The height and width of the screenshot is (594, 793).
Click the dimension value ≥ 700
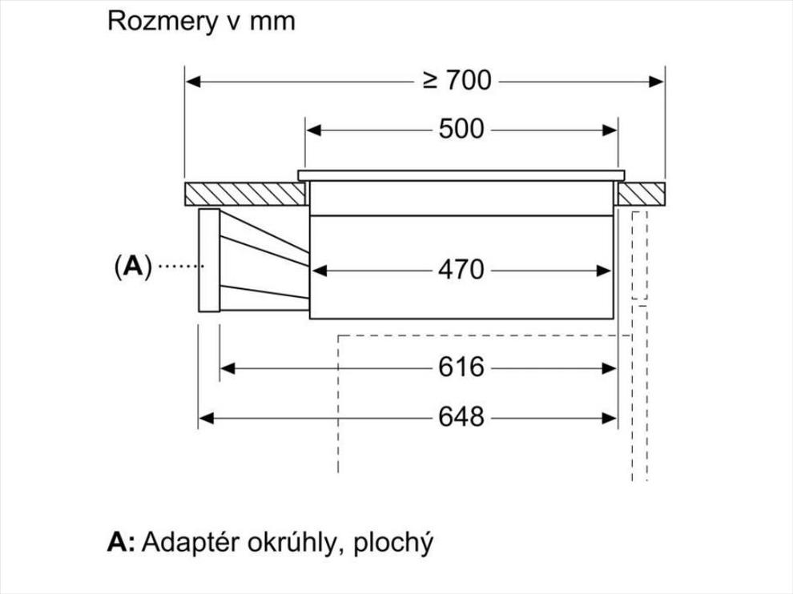tap(457, 81)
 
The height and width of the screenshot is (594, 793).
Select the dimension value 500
tap(461, 130)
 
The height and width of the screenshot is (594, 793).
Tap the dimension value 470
tap(461, 270)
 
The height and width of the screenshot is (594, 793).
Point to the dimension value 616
tap(461, 367)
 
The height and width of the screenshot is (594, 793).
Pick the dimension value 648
tap(461, 418)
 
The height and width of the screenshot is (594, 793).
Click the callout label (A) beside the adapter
tap(133, 266)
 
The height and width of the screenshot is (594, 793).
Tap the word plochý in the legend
tap(393, 543)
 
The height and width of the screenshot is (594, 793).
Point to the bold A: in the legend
tap(122, 541)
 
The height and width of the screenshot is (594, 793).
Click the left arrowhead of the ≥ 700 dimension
tap(193, 82)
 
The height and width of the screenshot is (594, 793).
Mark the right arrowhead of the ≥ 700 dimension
tap(657, 82)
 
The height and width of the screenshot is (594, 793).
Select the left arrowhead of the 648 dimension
tap(206, 418)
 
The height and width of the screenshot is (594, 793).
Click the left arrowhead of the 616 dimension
tap(227, 368)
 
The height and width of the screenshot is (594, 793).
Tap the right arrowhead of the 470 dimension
tap(604, 271)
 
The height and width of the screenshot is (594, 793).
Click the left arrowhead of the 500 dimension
tap(313, 130)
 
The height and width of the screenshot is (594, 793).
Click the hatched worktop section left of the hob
tap(245, 194)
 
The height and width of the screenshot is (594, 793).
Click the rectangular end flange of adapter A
tap(209, 260)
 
